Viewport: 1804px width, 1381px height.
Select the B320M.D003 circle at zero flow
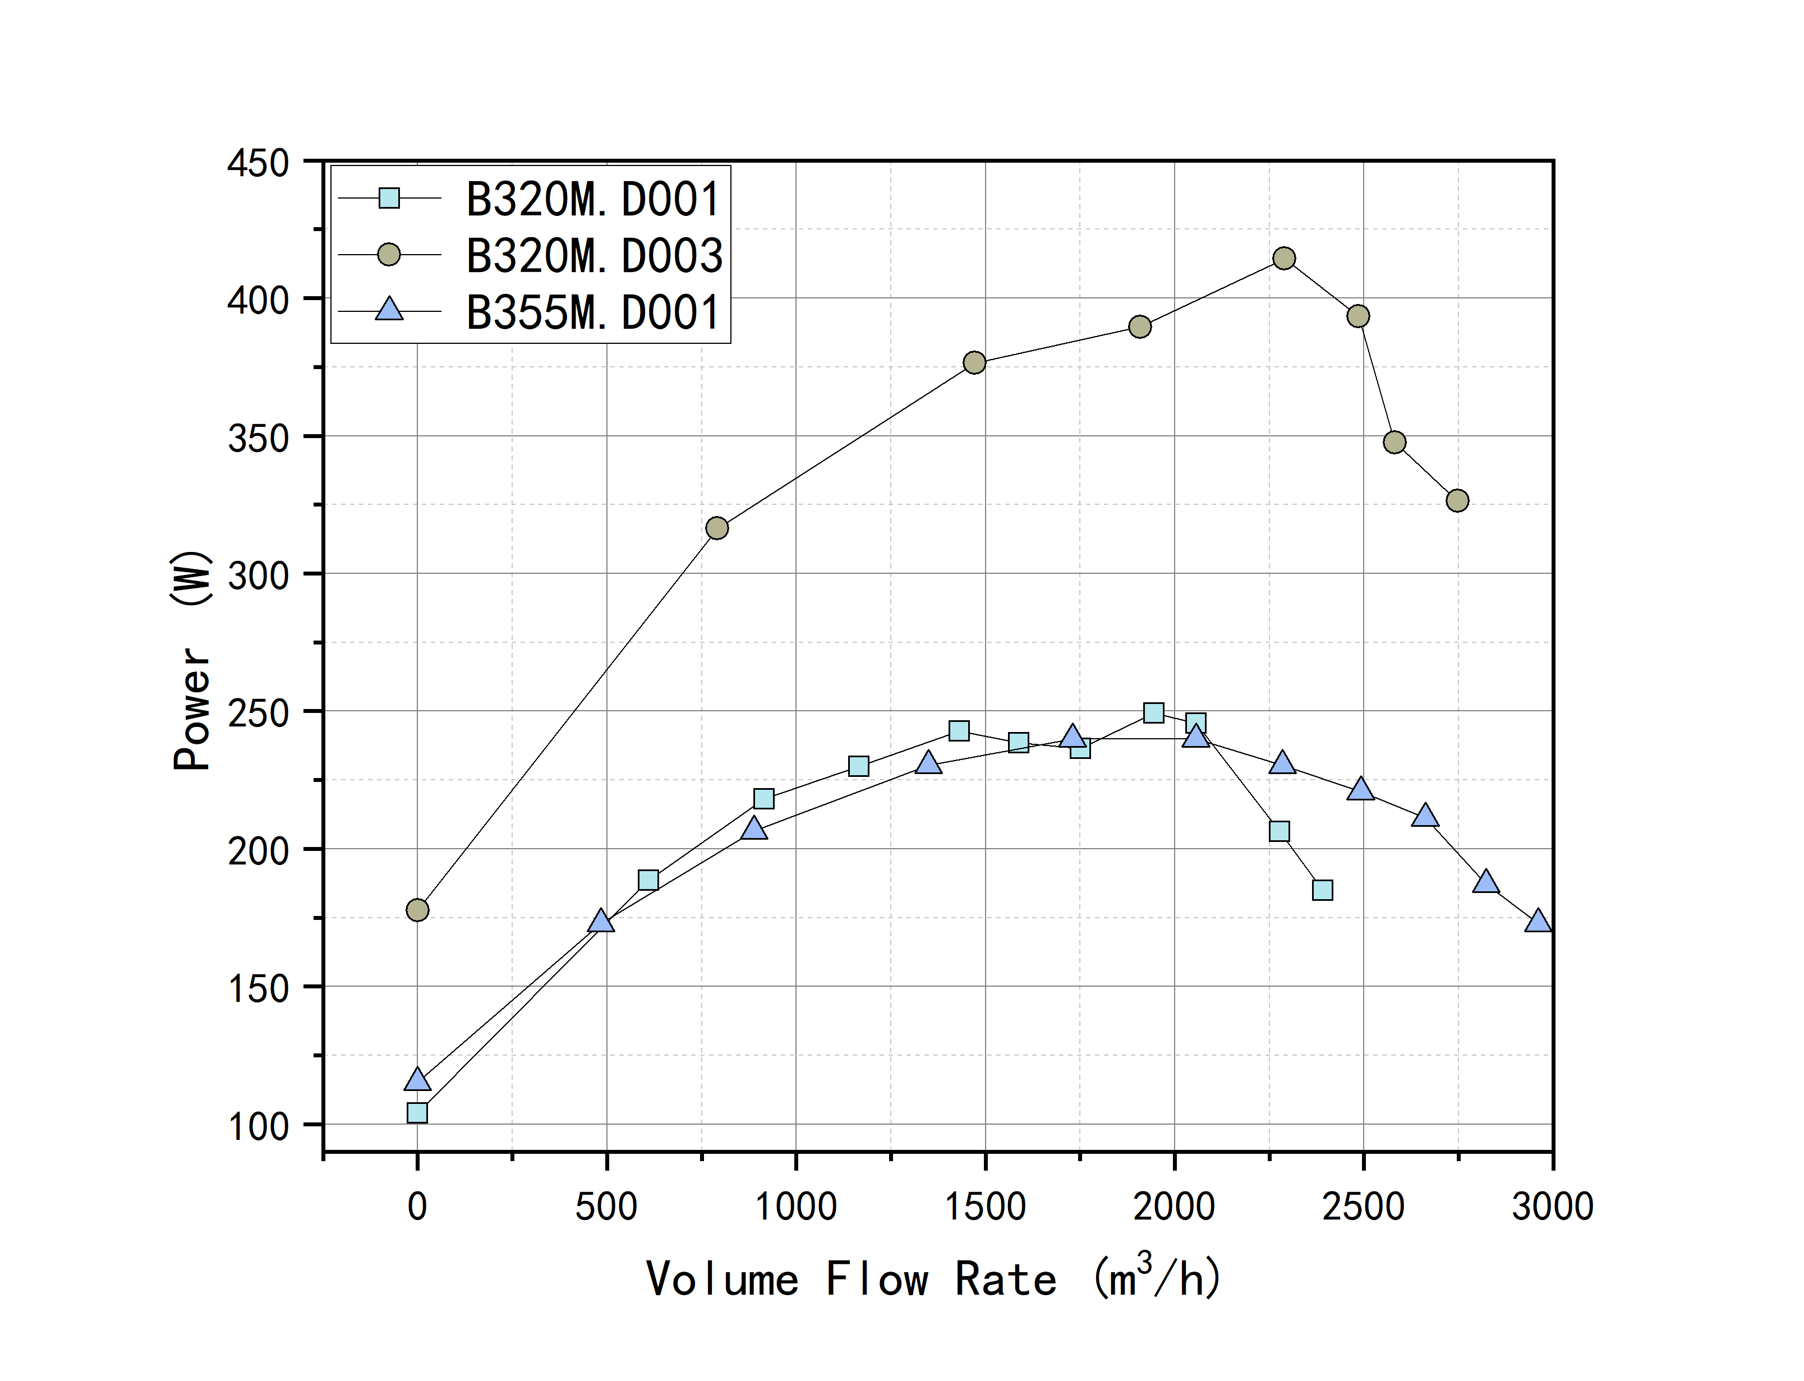[417, 910]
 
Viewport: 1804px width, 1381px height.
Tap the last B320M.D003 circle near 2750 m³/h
[1457, 500]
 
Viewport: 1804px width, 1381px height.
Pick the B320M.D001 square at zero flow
[417, 1113]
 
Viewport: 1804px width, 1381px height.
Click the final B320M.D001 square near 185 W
[1322, 890]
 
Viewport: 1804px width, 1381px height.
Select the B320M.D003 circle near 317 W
[717, 528]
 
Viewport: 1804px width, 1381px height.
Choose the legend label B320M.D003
[594, 256]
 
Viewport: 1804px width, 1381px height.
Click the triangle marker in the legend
[389, 310]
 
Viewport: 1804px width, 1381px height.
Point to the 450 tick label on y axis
[258, 163]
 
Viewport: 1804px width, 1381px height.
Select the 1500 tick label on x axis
[984, 1207]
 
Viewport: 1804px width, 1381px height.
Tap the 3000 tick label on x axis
[1552, 1207]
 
